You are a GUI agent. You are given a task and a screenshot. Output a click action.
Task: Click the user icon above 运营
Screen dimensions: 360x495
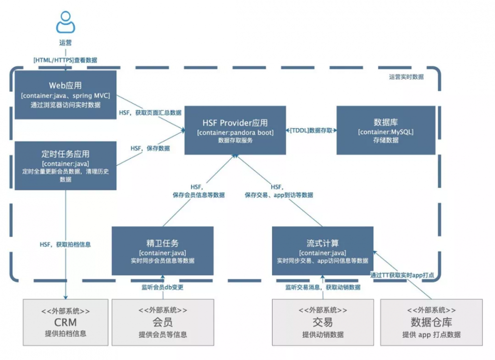pos(66,22)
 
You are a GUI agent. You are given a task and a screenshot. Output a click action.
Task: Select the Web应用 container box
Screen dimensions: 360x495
pos(65,94)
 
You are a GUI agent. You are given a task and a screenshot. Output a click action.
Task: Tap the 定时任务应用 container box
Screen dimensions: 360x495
pos(65,166)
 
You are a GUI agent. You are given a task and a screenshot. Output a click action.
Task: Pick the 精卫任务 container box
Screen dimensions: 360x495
pos(162,251)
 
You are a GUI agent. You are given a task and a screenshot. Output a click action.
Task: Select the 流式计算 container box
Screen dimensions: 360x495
pos(322,251)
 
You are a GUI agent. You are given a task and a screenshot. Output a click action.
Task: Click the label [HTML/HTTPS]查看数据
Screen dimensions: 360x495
pos(65,60)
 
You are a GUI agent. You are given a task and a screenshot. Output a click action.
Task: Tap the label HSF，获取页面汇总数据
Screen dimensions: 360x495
pos(150,113)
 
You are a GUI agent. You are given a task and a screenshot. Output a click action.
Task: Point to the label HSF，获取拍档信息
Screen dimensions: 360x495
pos(65,244)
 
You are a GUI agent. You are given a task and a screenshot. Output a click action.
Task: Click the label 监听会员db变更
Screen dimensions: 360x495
pos(162,287)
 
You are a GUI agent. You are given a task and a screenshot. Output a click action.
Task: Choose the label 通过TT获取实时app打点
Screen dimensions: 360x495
pos(402,275)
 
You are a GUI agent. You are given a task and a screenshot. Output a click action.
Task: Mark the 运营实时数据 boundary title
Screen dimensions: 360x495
pos(406,77)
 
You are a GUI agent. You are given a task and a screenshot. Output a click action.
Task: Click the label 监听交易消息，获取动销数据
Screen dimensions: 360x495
pos(322,287)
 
